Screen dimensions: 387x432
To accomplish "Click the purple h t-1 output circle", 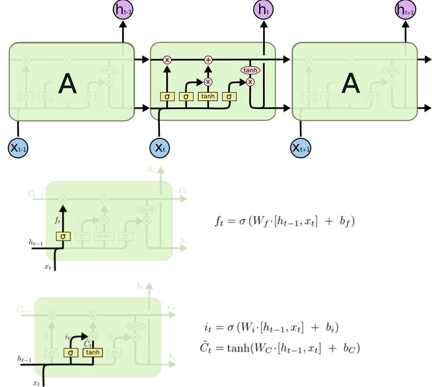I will click(x=123, y=9).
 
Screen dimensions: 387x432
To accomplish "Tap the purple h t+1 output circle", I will click(x=406, y=9).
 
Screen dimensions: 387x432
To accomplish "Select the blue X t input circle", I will click(x=160, y=148).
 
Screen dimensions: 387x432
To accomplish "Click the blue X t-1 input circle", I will click(x=18, y=148).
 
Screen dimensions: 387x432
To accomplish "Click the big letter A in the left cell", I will click(x=67, y=84).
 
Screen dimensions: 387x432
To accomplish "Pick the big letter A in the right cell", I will click(x=351, y=84).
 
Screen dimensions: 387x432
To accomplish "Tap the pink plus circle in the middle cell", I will click(x=208, y=60).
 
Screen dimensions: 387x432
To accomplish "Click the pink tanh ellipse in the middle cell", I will click(x=250, y=70).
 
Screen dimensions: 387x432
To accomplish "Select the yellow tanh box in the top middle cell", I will click(x=208, y=97).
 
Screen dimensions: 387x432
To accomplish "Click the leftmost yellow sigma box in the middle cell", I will click(x=167, y=97).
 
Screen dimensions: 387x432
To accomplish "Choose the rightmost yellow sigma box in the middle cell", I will click(x=229, y=97).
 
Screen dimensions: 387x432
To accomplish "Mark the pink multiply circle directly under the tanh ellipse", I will click(x=250, y=82).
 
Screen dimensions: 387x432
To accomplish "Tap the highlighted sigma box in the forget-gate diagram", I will click(x=63, y=236).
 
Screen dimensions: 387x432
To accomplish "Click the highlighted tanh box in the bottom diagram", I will click(x=92, y=352).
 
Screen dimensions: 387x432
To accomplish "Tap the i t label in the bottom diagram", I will click(x=67, y=336).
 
